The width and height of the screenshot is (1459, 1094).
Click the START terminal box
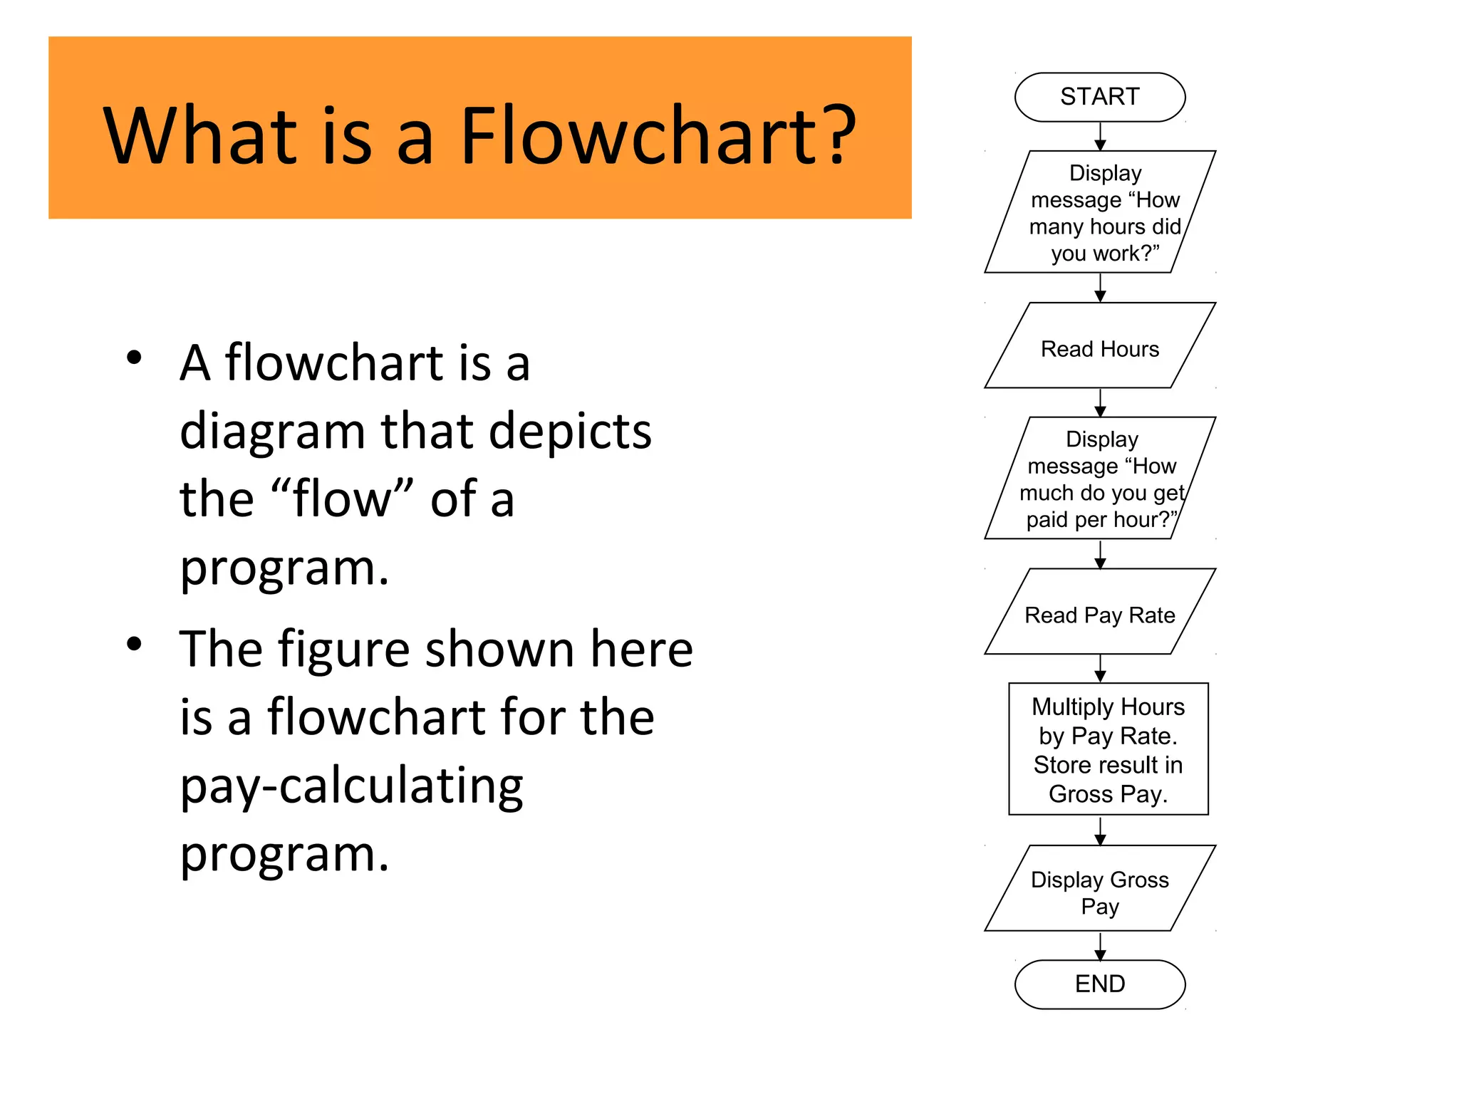tap(1099, 97)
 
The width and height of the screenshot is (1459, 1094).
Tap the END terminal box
tap(1099, 984)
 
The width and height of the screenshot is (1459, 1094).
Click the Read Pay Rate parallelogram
tap(1099, 614)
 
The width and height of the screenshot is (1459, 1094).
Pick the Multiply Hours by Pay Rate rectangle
tap(1108, 749)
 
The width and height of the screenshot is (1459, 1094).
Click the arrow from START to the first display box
tap(1100, 137)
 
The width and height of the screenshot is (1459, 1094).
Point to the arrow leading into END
tap(1100, 946)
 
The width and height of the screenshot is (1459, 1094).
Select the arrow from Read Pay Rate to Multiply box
tap(1100, 669)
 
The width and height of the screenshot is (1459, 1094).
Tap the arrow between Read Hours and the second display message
tap(1100, 403)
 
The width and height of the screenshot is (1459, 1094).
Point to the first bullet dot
tap(134, 357)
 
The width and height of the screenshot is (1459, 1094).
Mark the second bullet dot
tap(134, 645)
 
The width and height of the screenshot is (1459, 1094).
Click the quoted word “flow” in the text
tap(342, 499)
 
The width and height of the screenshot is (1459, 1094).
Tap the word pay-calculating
tap(351, 786)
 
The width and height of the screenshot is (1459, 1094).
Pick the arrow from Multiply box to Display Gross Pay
tap(1100, 830)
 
